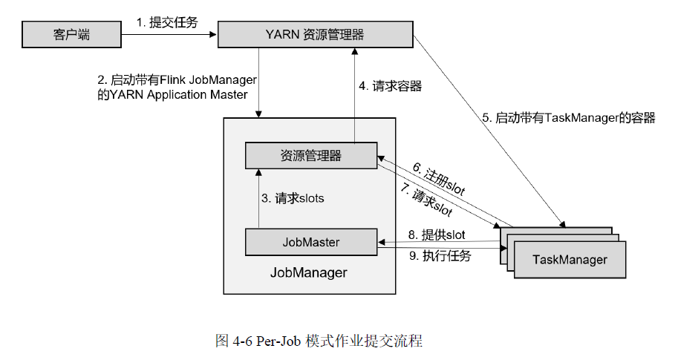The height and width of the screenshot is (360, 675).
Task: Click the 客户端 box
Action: click(71, 34)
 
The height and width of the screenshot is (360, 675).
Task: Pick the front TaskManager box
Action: click(570, 260)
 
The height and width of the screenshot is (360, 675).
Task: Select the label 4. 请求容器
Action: click(390, 86)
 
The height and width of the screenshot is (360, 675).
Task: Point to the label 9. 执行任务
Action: click(440, 256)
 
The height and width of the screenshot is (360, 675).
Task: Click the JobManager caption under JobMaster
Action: click(308, 272)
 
